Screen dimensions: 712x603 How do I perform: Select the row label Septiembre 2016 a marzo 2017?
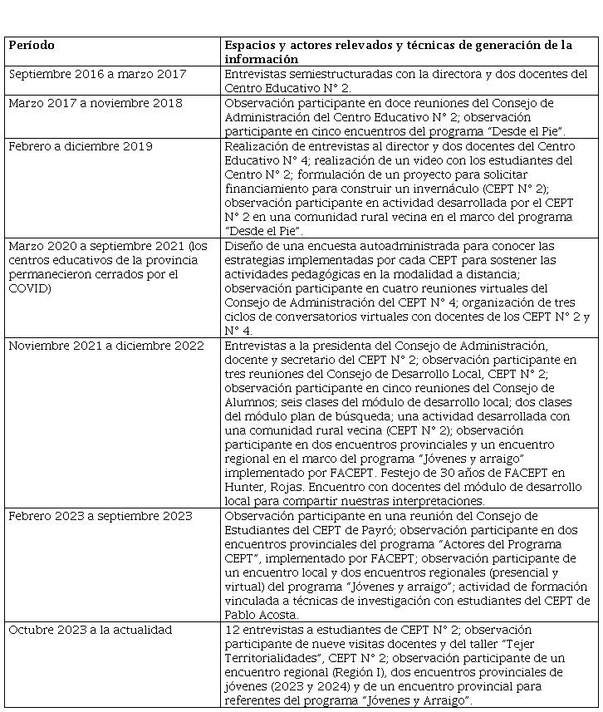97,75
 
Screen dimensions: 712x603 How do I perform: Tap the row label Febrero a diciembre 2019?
81,146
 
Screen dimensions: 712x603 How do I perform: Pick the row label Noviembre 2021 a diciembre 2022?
106,346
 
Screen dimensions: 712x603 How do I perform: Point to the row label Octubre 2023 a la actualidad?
91,630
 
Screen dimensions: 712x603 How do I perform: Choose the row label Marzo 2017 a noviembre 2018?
96,104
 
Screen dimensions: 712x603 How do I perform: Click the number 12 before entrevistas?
232,630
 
